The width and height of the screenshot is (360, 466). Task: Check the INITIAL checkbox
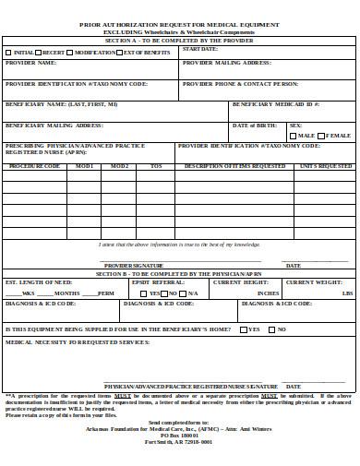coord(8,53)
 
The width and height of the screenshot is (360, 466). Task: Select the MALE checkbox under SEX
coord(294,135)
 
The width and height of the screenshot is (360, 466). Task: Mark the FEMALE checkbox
coord(322,135)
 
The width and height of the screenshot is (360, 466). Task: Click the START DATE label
coord(199,48)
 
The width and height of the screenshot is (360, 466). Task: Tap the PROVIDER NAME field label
coord(30,63)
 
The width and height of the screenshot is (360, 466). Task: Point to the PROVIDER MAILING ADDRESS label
coord(226,63)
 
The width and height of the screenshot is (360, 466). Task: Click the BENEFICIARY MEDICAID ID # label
coord(275,104)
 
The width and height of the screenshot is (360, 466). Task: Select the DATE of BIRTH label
coord(253,125)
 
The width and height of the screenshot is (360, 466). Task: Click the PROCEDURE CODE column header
coord(34,166)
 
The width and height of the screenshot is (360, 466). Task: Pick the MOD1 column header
coord(85,166)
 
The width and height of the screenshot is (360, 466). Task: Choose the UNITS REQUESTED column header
coord(325,166)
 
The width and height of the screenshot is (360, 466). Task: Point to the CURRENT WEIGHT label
coord(313,281)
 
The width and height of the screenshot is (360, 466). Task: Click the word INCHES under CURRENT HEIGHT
coord(268,293)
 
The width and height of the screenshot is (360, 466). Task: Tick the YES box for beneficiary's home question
coord(244,329)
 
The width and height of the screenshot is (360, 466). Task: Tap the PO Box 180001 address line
coord(179,435)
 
